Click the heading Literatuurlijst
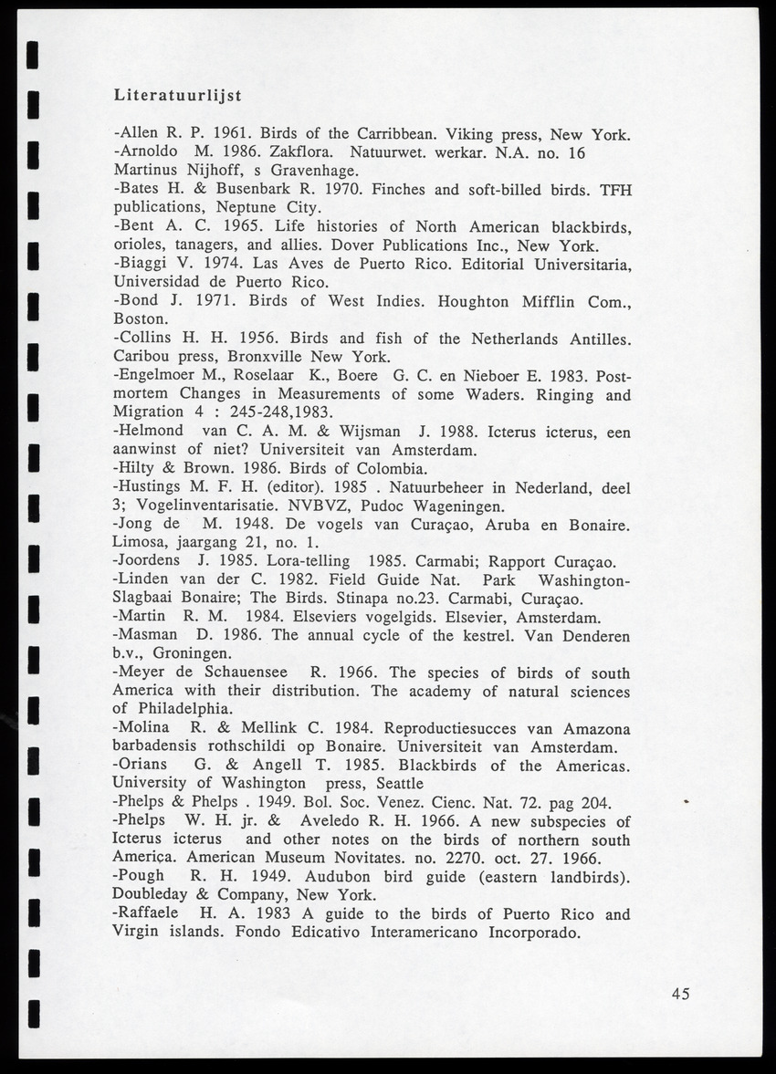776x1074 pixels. tap(177, 94)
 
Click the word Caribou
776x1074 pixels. tap(145, 356)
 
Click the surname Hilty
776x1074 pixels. tap(136, 468)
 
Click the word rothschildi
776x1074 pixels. tap(236, 746)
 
